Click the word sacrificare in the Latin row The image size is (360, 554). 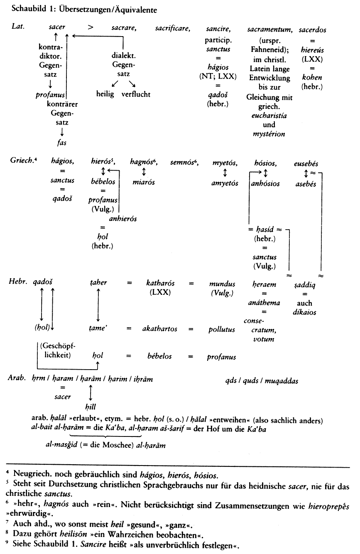pyautogui.click(x=173, y=28)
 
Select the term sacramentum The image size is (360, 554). pyautogui.click(x=270, y=29)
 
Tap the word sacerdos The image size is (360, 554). pyautogui.click(x=313, y=30)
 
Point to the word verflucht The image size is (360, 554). pyautogui.click(x=136, y=94)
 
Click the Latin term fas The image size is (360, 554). pyautogui.click(x=61, y=142)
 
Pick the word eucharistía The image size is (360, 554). pyautogui.click(x=269, y=115)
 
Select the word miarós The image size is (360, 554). pyautogui.click(x=144, y=182)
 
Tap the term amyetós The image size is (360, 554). pyautogui.click(x=225, y=183)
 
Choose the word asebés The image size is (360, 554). pyautogui.click(x=306, y=184)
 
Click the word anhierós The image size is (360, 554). pyautogui.click(x=123, y=218)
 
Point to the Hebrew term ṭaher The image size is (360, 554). pyautogui.click(x=98, y=282)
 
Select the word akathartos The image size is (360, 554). pyautogui.click(x=160, y=328)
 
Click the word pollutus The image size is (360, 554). pyautogui.click(x=222, y=329)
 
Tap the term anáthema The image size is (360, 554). pyautogui.click(x=264, y=303)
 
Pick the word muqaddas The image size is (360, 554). pyautogui.click(x=282, y=381)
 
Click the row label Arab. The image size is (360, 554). pyautogui.click(x=17, y=378)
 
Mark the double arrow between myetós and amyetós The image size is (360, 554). pyautogui.click(x=225, y=173)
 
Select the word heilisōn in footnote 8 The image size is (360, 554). pyautogui.click(x=73, y=534)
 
